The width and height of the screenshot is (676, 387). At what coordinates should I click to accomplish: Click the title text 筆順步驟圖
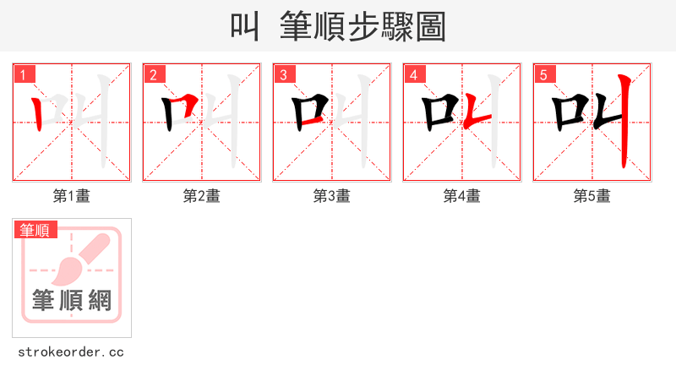coord(363,27)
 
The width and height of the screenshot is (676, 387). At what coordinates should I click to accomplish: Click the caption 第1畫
coord(72,196)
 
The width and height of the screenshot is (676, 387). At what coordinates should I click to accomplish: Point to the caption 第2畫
coord(202,196)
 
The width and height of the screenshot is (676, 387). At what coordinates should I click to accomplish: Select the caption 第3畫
coord(332,196)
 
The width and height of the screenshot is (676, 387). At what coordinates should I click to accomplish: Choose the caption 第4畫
coord(462,196)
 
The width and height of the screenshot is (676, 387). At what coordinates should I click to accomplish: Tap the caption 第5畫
coord(592,196)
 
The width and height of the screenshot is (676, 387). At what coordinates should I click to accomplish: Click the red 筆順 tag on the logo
coord(35,230)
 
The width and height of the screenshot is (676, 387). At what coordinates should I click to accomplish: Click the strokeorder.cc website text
coord(71,352)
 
